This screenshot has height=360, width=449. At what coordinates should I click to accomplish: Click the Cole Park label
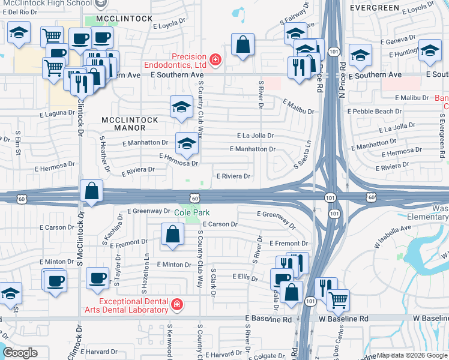pos(192,212)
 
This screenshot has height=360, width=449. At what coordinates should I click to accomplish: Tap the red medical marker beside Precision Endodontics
pos(215,59)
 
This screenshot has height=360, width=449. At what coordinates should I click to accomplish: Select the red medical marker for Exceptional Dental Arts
pos(176,305)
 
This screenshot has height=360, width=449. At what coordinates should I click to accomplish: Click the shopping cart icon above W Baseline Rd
pos(338,300)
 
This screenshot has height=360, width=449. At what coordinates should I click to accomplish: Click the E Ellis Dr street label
pos(245,277)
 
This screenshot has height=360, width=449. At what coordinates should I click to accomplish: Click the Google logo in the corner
pos(20,353)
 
